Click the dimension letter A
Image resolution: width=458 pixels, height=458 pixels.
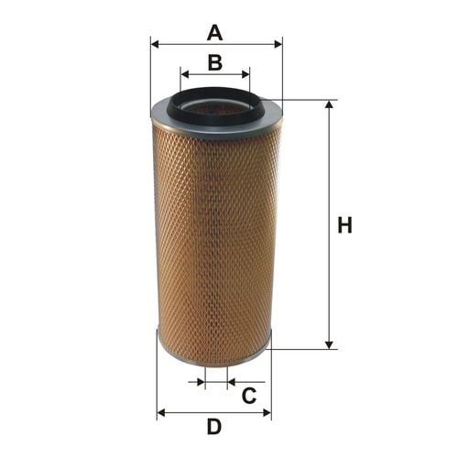coord(214,33)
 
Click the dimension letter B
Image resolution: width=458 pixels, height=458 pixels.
coord(215,62)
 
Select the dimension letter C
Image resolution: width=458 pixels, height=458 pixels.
coord(249,396)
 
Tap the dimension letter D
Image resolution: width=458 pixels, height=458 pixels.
coord(214,427)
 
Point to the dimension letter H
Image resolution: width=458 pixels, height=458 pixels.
coord(344,225)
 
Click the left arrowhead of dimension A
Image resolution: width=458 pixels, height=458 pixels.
coord(155,44)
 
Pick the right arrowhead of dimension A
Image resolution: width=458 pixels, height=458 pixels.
coord(278,44)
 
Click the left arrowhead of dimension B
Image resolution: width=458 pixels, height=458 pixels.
coord(185,74)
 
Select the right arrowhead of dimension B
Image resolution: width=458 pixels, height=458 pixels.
coord(245,74)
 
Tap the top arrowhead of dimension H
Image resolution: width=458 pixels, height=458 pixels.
coord(329,104)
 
